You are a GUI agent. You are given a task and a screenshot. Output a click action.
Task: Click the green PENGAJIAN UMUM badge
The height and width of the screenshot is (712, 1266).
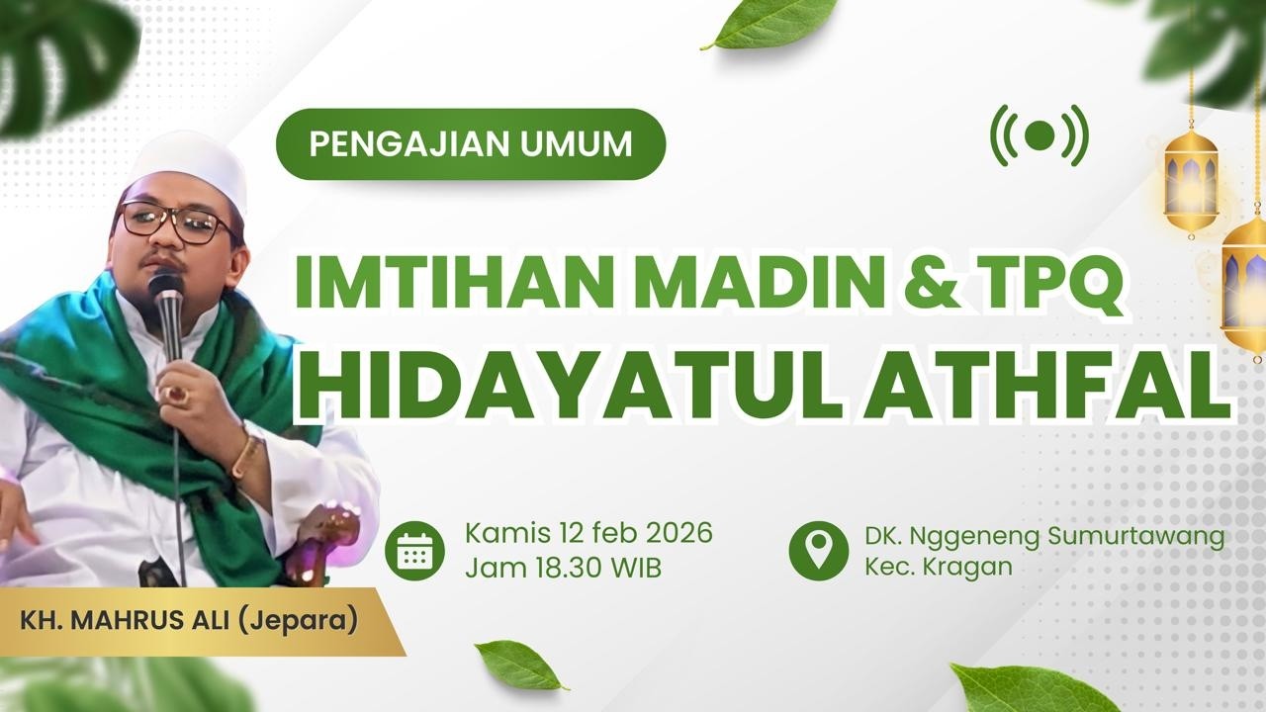470,144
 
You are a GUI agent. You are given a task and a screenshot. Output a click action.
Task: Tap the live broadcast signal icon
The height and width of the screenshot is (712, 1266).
1039,135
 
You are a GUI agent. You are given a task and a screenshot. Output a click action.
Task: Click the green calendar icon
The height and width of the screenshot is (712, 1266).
414,550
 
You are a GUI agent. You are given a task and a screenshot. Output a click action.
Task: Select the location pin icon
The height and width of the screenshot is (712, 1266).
818,550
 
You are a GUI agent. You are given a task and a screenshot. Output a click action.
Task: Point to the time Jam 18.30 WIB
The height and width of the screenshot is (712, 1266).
563,569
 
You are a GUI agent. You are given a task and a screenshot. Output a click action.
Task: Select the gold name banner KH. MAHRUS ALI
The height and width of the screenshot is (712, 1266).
188,624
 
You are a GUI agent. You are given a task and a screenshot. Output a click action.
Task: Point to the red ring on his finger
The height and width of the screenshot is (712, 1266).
178,394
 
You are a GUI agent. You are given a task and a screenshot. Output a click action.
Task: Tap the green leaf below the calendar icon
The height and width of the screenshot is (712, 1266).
518,665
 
